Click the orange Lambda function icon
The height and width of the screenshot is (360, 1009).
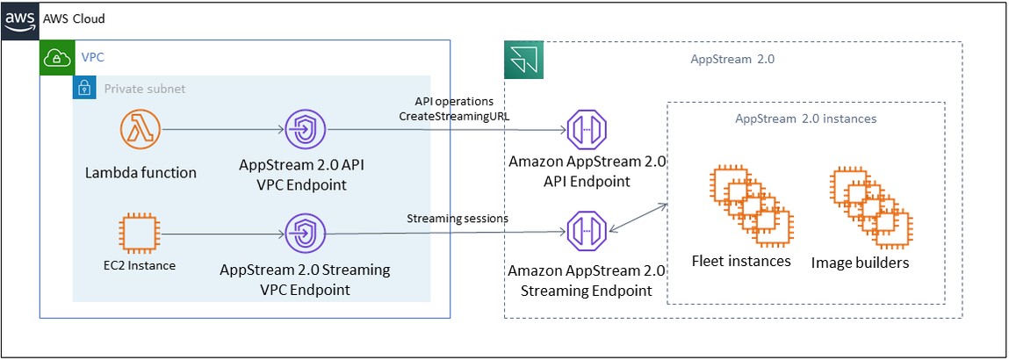(141, 133)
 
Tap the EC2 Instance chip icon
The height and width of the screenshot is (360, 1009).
(141, 234)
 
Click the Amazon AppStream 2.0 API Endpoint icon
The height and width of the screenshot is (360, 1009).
(586, 130)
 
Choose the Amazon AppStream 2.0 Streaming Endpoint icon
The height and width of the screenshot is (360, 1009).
(586, 232)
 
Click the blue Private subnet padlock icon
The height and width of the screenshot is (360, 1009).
(84, 89)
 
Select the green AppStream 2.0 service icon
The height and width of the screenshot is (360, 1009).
(524, 61)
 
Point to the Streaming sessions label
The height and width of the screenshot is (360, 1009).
(457, 219)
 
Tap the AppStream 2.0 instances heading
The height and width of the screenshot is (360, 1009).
(805, 119)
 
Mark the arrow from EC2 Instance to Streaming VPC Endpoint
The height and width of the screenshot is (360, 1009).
(223, 234)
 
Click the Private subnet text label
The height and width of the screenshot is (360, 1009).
(145, 89)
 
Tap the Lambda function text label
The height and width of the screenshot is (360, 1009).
(141, 172)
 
